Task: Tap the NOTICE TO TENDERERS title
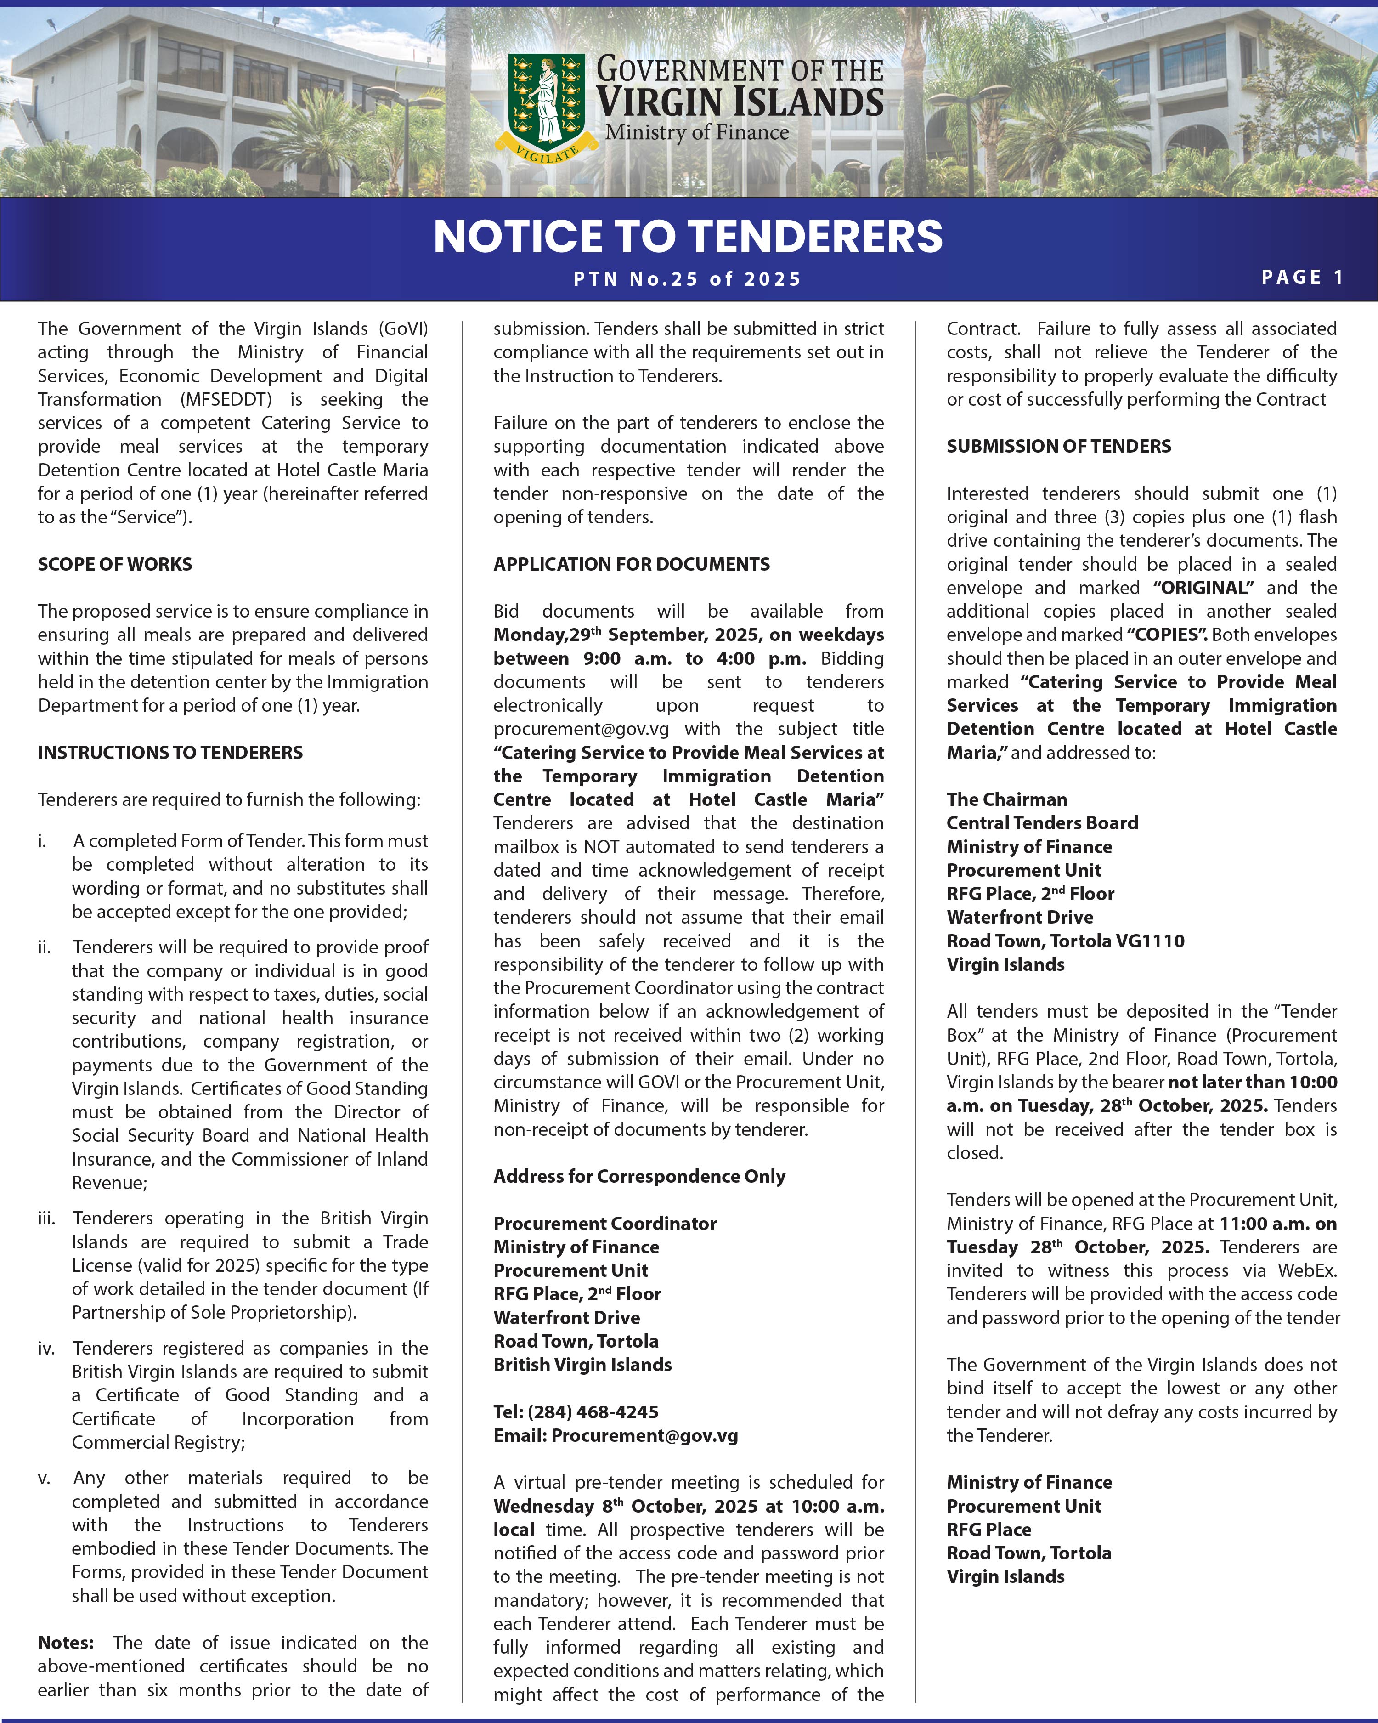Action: [x=688, y=237]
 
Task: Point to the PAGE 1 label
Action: [x=1302, y=278]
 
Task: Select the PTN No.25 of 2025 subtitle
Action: [x=687, y=279]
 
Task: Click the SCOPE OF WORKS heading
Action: [x=115, y=564]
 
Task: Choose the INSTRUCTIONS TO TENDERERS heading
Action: [x=170, y=752]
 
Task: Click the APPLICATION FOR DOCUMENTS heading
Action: [x=631, y=564]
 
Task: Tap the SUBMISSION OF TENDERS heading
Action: [x=1058, y=446]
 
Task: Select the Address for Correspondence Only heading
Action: [x=639, y=1176]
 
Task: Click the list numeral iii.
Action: [x=46, y=1218]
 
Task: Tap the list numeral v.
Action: [x=44, y=1478]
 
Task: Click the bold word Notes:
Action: [x=66, y=1642]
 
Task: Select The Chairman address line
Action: [x=1006, y=799]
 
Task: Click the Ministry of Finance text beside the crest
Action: [x=697, y=133]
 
